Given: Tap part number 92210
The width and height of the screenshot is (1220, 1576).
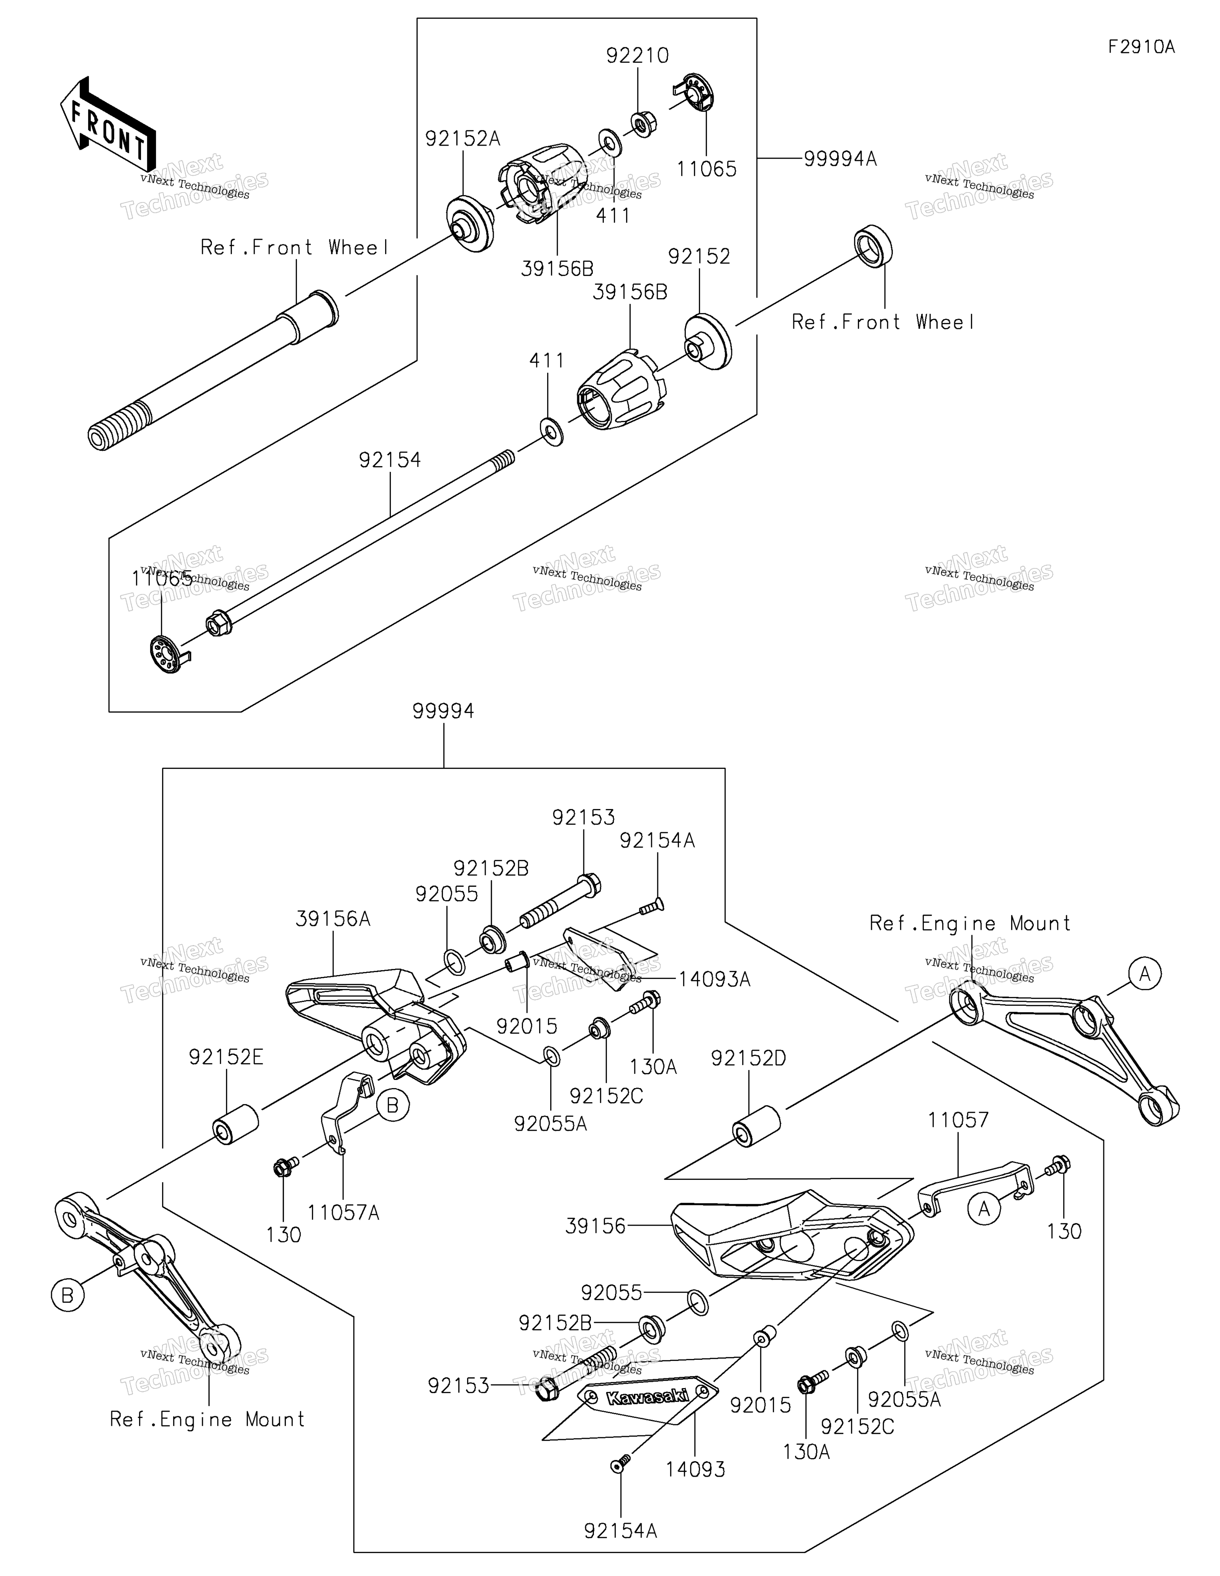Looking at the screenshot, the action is pyautogui.click(x=637, y=56).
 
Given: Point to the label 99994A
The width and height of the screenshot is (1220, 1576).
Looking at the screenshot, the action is pyautogui.click(x=841, y=159).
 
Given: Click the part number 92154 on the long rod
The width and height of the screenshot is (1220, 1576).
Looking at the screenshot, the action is pyautogui.click(x=390, y=460).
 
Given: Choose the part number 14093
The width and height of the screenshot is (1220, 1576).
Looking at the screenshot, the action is pyautogui.click(x=695, y=1468).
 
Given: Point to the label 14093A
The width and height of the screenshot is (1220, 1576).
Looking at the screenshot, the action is pyautogui.click(x=714, y=979).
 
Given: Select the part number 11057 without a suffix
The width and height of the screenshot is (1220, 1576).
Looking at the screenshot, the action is pyautogui.click(x=958, y=1120).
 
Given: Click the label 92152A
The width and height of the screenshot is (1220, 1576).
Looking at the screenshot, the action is pyautogui.click(x=462, y=138).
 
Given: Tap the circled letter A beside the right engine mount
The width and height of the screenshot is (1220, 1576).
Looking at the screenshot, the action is pyautogui.click(x=1144, y=974).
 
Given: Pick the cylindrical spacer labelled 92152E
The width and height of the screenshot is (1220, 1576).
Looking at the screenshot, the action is pyautogui.click(x=235, y=1123).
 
